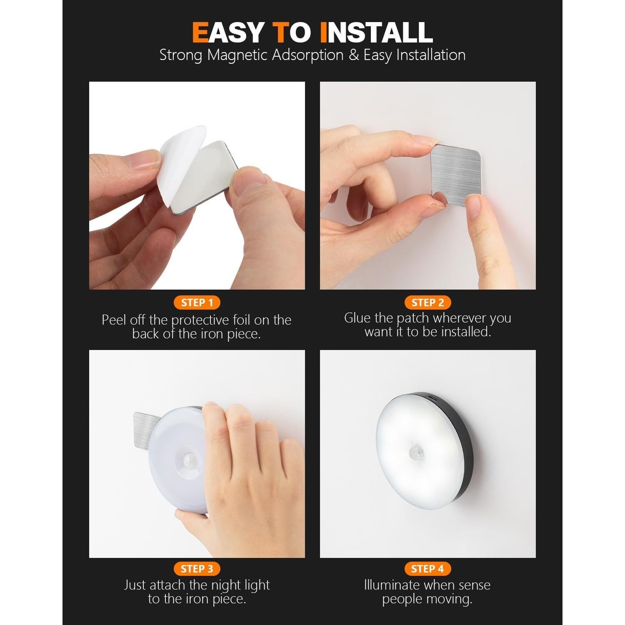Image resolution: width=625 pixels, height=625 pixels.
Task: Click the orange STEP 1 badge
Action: coord(197,302)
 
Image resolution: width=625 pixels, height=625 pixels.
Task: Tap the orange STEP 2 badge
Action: coord(427,302)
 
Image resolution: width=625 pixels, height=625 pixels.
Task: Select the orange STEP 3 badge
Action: coord(197,569)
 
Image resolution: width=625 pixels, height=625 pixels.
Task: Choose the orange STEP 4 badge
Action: coord(427,569)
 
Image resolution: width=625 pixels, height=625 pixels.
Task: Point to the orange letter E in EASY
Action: coord(200,32)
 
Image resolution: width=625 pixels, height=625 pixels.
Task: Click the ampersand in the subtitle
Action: coord(354,55)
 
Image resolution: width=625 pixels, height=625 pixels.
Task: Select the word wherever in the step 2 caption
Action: coord(458,318)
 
